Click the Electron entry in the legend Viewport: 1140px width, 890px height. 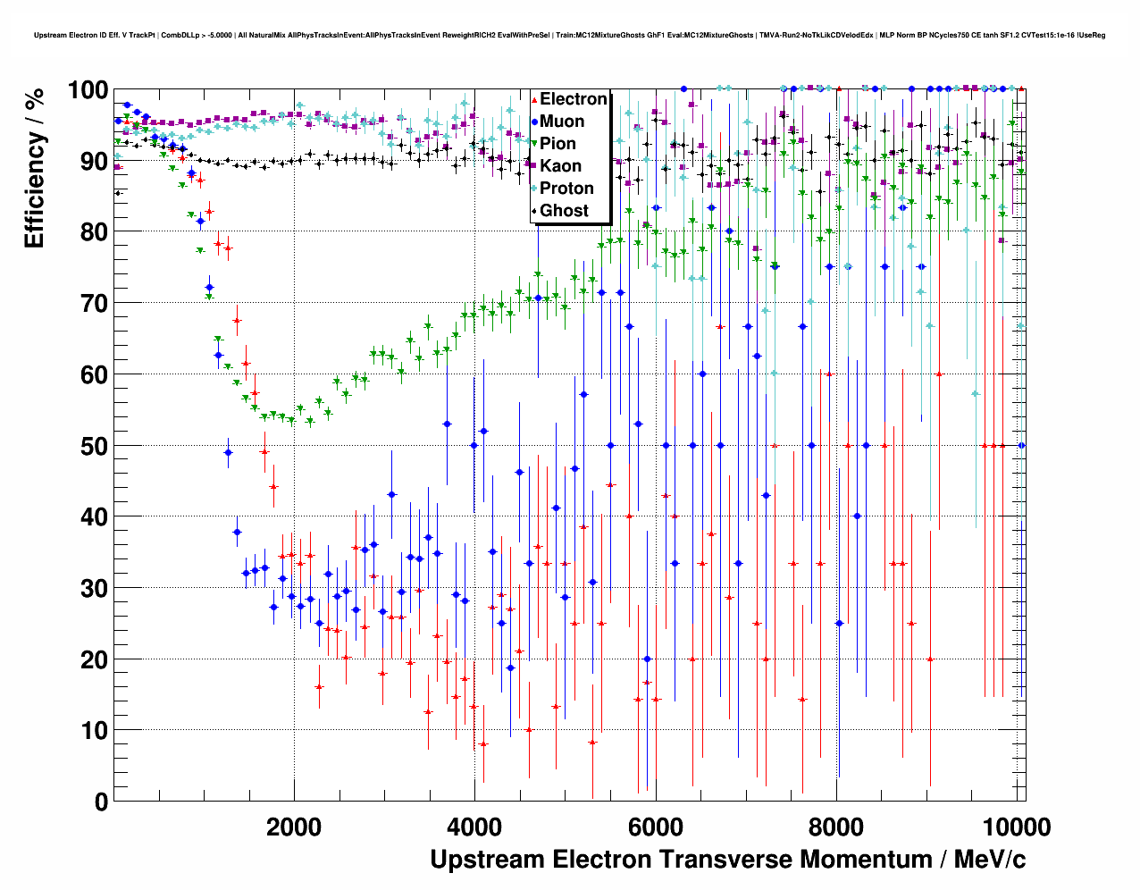(573, 99)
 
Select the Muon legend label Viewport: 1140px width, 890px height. (562, 122)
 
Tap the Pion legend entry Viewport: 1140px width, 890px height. (557, 144)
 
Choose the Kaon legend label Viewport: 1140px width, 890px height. (560, 166)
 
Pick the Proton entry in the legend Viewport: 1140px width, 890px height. (566, 189)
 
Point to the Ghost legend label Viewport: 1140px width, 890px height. (564, 211)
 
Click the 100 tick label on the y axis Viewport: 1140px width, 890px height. (88, 90)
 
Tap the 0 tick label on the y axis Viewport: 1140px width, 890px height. (101, 802)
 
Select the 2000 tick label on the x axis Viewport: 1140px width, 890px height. (294, 827)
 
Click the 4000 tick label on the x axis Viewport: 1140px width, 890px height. (474, 827)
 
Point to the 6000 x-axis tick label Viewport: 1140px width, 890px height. (656, 827)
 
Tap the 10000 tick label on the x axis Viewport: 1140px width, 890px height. (1012, 827)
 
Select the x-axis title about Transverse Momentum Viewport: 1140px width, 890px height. (727, 860)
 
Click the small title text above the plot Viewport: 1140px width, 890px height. (569, 35)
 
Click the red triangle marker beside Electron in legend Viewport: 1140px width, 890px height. (534, 99)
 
